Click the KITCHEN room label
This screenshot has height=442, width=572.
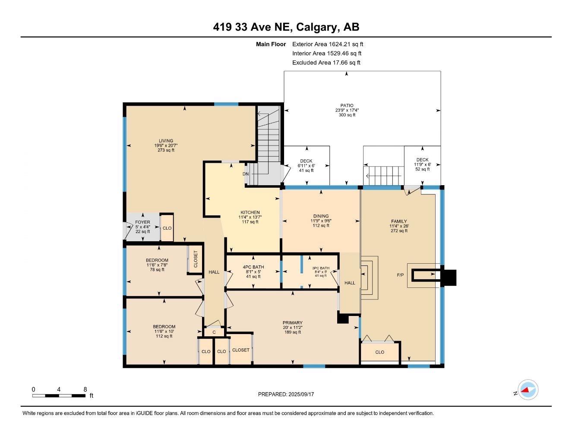[x=250, y=212]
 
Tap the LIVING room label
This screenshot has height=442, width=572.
[x=166, y=141]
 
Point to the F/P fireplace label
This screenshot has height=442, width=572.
[x=400, y=275]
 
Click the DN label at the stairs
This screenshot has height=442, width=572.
[x=246, y=174]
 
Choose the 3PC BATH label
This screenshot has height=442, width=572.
[x=321, y=268]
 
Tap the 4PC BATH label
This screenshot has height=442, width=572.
[x=253, y=267]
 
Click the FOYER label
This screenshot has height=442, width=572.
[x=142, y=222]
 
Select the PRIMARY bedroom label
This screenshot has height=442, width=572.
[x=292, y=322]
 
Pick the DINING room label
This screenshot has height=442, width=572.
[x=321, y=216]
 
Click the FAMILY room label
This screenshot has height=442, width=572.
[x=398, y=221]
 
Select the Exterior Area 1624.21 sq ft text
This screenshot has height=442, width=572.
[x=328, y=44]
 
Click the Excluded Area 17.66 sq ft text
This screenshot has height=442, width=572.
[x=326, y=63]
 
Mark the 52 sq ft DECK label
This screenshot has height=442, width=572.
[x=422, y=160]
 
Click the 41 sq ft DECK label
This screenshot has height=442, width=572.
[x=306, y=161]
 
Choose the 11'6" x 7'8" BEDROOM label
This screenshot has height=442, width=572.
[x=157, y=260]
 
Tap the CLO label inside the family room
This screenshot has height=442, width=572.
[x=379, y=352]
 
